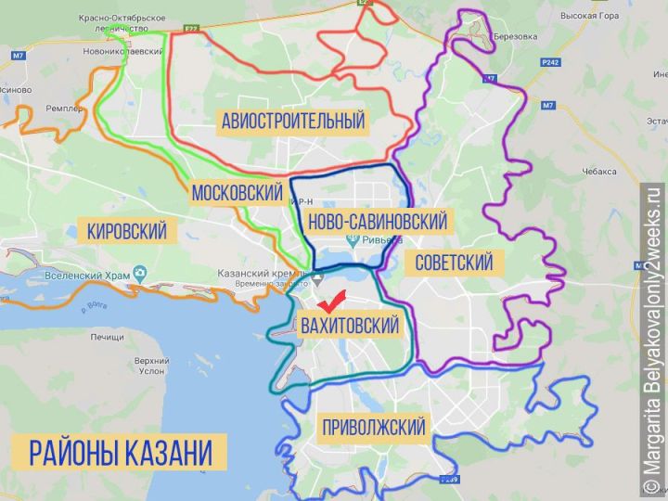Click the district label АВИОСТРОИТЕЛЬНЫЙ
point(293,121)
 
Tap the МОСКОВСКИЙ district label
point(237,193)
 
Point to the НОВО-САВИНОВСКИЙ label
point(376,222)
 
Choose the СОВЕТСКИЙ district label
point(454,262)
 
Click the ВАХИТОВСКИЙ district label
point(350,326)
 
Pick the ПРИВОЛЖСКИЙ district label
point(373,427)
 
